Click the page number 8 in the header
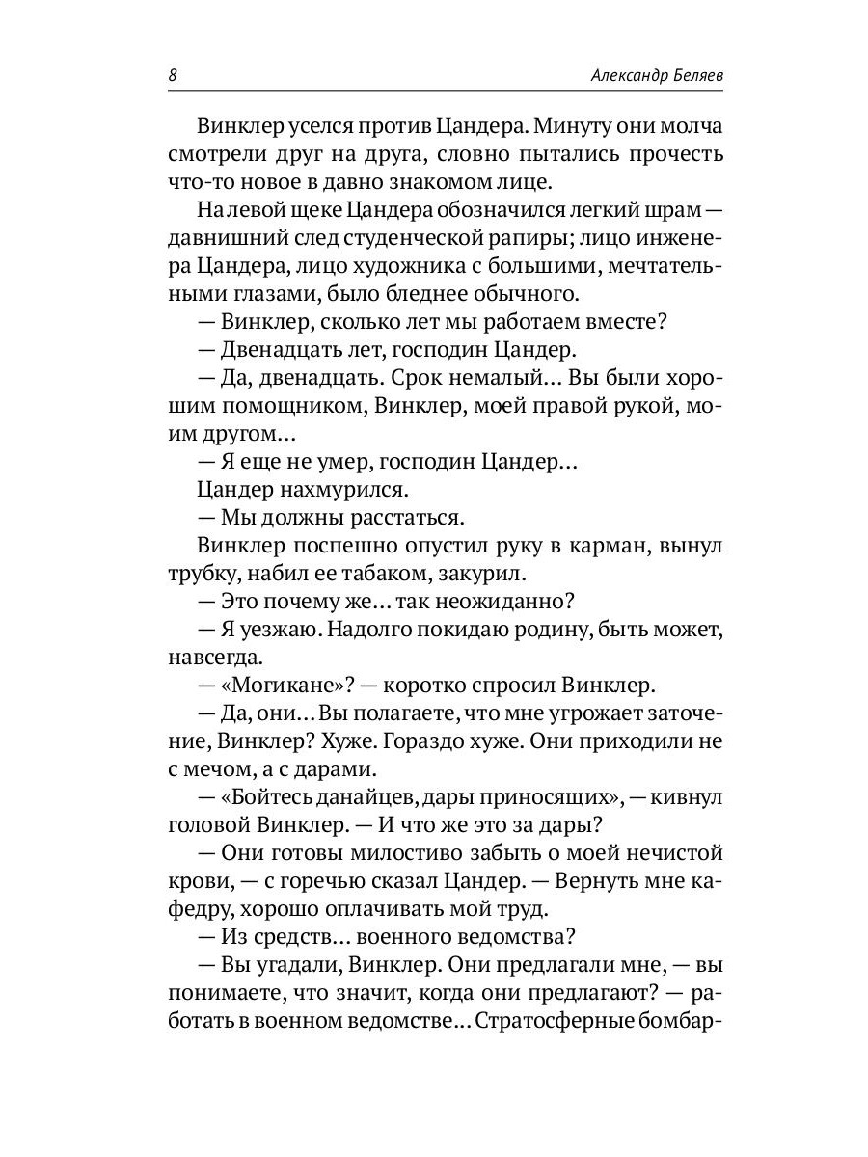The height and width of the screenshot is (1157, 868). coord(172,76)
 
